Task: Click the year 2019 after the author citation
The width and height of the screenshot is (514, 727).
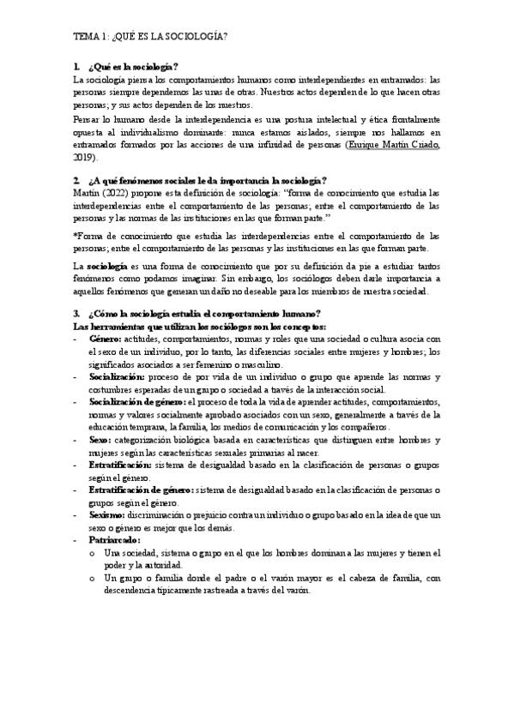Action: pyautogui.click(x=84, y=159)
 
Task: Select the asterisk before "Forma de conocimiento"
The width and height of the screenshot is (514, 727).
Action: pyautogui.click(x=76, y=235)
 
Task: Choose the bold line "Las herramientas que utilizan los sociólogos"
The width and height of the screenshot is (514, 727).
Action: pyautogui.click(x=198, y=327)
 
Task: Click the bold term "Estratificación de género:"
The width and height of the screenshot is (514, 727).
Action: pyautogui.click(x=141, y=489)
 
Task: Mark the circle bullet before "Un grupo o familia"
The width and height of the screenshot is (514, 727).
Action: pyautogui.click(x=92, y=579)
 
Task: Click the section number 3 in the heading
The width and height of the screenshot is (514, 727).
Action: pyautogui.click(x=76, y=315)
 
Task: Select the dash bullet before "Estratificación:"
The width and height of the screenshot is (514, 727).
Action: pyautogui.click(x=75, y=464)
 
